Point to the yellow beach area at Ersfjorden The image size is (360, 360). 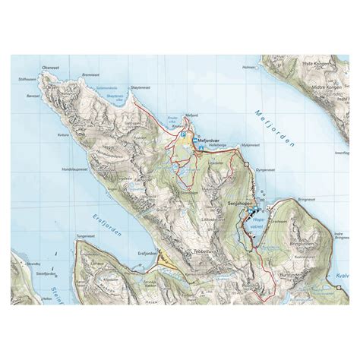tap(164, 261)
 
